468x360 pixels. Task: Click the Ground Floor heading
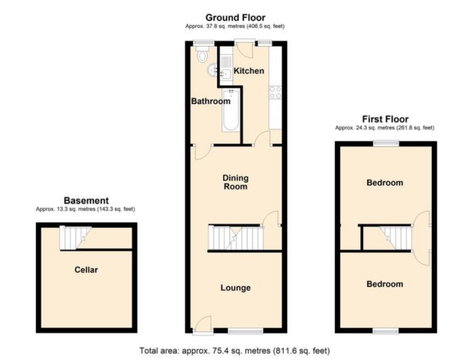[235, 18]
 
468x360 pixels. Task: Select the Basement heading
[86, 200]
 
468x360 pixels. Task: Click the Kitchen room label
[248, 71]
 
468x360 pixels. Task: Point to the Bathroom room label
[211, 101]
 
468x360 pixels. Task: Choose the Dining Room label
[236, 182]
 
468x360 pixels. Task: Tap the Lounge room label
[235, 288]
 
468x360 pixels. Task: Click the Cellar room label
[86, 270]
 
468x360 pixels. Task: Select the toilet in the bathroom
[202, 54]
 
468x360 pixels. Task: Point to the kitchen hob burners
[275, 92]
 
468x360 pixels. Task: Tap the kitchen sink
[225, 74]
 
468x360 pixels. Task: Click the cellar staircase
[74, 238]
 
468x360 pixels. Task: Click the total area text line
[235, 351]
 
